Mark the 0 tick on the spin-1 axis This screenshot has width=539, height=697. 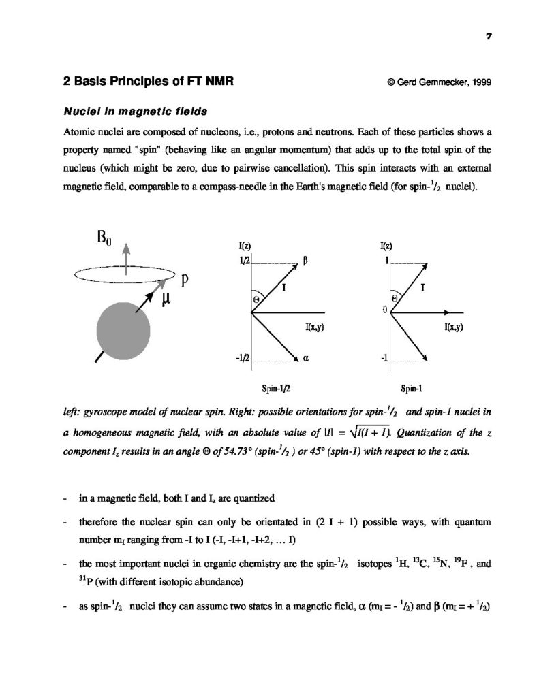[x=384, y=310]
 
